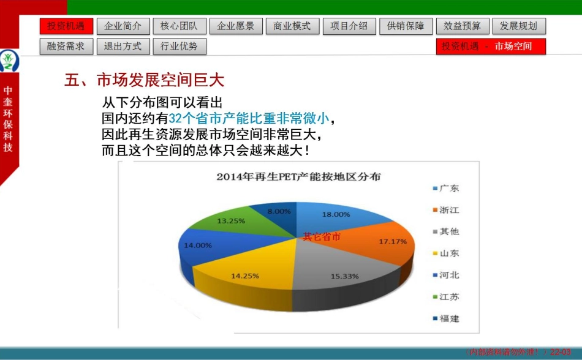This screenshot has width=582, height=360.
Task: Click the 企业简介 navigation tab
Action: point(123,26)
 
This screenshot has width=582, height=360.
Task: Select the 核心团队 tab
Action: point(180,26)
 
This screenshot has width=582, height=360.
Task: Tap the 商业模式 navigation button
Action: point(292,26)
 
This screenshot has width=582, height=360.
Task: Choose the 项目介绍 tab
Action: point(349,26)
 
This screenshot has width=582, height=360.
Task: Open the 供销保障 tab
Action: point(406,26)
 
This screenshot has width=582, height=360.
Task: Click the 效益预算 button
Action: point(462,26)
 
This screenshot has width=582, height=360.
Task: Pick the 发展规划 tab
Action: point(518,26)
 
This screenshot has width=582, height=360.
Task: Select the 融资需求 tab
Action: point(66,47)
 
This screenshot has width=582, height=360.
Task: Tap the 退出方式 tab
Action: point(123,47)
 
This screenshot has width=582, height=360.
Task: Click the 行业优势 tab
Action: point(180,47)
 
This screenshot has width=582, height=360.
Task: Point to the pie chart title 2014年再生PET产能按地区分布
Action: point(298,177)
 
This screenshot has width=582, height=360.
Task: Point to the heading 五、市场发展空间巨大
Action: point(145,80)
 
